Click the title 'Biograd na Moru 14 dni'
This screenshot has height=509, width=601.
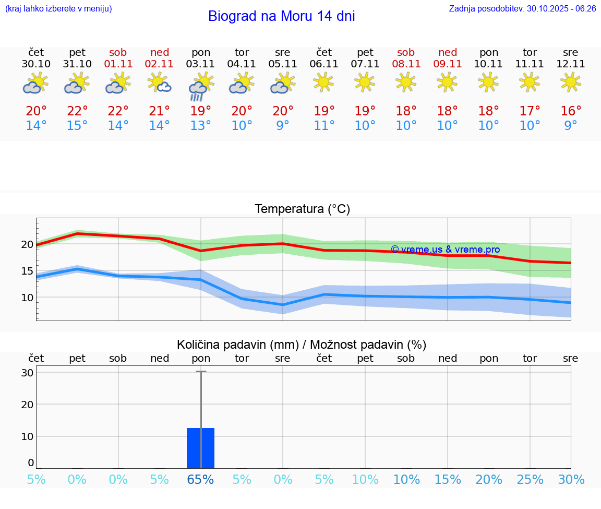pyautogui.click(x=281, y=16)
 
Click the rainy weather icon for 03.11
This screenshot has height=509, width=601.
pyautogui.click(x=200, y=87)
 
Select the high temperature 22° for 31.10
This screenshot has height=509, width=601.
pyautogui.click(x=77, y=111)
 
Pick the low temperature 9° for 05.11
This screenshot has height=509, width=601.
pyautogui.click(x=283, y=126)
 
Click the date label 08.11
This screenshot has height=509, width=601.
pyautogui.click(x=406, y=64)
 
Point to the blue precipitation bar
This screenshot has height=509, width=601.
pyautogui.click(x=201, y=448)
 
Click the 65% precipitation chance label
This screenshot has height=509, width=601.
pyautogui.click(x=201, y=479)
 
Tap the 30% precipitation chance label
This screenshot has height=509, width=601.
pyautogui.click(x=571, y=479)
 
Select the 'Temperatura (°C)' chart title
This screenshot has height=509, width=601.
pyautogui.click(x=302, y=209)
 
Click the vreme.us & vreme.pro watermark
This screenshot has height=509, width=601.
pyautogui.click(x=445, y=250)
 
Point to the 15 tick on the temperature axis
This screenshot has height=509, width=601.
pyautogui.click(x=27, y=270)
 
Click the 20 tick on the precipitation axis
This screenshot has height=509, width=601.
pyautogui.click(x=27, y=404)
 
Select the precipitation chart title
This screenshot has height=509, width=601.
pyautogui.click(x=302, y=345)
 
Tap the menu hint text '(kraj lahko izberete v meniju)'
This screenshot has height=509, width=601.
pyautogui.click(x=58, y=8)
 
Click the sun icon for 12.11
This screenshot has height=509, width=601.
pyautogui.click(x=570, y=82)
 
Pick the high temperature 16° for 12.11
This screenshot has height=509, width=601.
pyautogui.click(x=571, y=111)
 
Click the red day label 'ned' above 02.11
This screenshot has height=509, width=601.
pyautogui.click(x=160, y=52)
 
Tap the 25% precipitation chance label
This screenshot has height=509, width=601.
pyautogui.click(x=530, y=479)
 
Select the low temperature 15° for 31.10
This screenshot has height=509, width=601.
pyautogui.click(x=77, y=126)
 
